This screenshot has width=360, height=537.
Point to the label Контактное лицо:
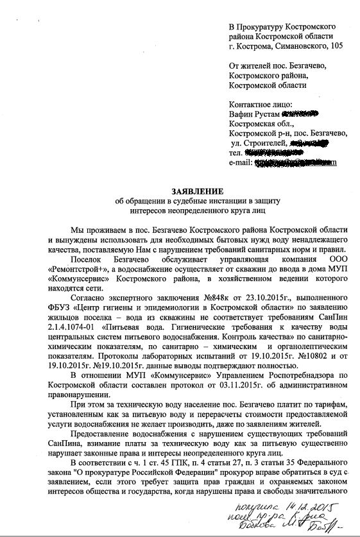coord(261,104)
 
